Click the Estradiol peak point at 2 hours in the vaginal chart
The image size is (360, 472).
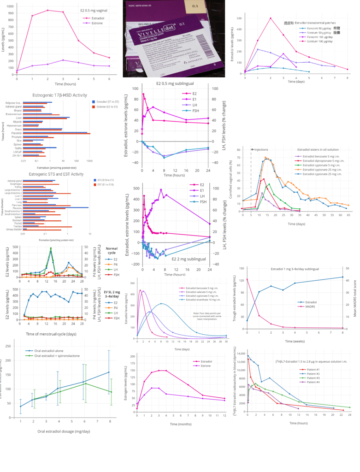(47, 10)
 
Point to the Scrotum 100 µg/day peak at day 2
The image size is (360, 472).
(271, 18)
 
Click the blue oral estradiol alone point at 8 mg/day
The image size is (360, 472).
(109, 372)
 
